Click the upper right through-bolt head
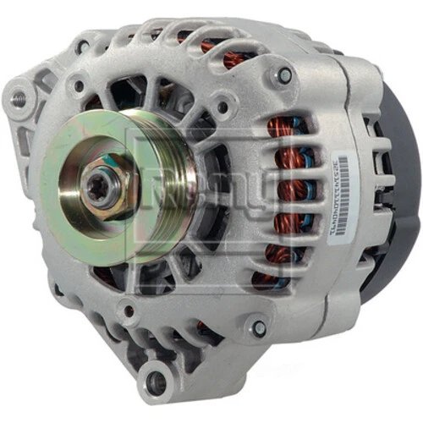tap(284, 75)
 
